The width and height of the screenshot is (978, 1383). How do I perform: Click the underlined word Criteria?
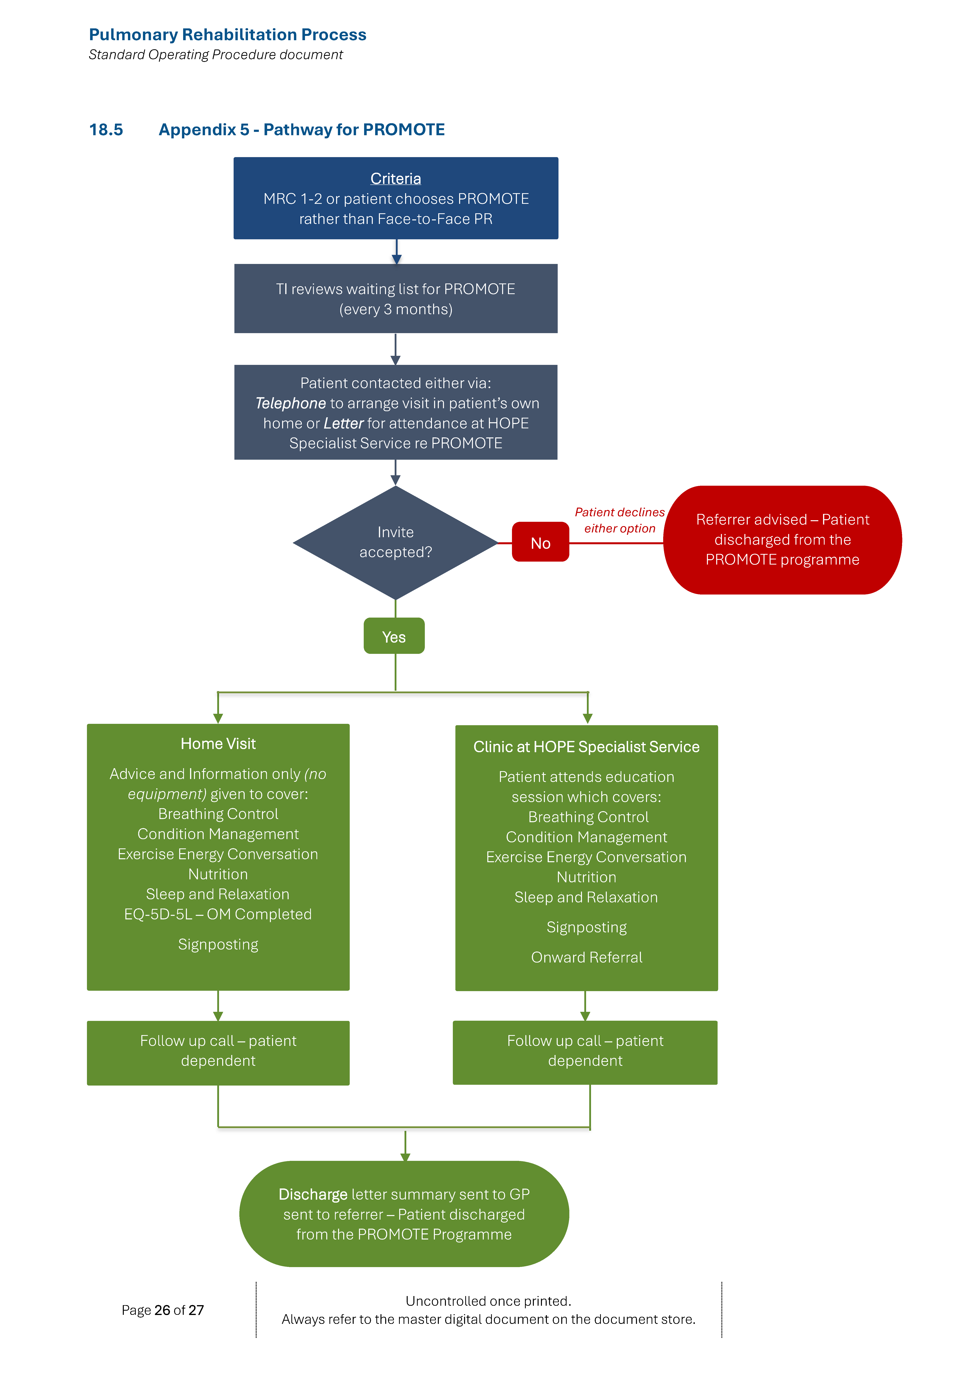click(395, 179)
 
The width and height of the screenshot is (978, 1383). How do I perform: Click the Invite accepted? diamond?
click(395, 542)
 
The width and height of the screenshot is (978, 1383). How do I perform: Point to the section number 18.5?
click(106, 130)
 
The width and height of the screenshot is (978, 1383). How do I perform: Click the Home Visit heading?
click(218, 744)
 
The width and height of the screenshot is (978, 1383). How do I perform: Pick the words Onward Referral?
click(586, 957)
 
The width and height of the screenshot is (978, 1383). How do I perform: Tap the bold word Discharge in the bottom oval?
click(313, 1195)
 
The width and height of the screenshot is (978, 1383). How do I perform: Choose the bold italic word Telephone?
click(290, 403)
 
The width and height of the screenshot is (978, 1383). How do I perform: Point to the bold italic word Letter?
click(343, 423)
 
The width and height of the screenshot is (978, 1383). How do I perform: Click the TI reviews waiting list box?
click(395, 299)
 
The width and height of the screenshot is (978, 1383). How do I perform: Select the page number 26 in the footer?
click(162, 1310)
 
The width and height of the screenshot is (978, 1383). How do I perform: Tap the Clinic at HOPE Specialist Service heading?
click(586, 747)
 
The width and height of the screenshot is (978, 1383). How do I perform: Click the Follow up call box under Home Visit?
click(218, 1051)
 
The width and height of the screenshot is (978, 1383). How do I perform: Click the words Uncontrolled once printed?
click(488, 1301)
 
